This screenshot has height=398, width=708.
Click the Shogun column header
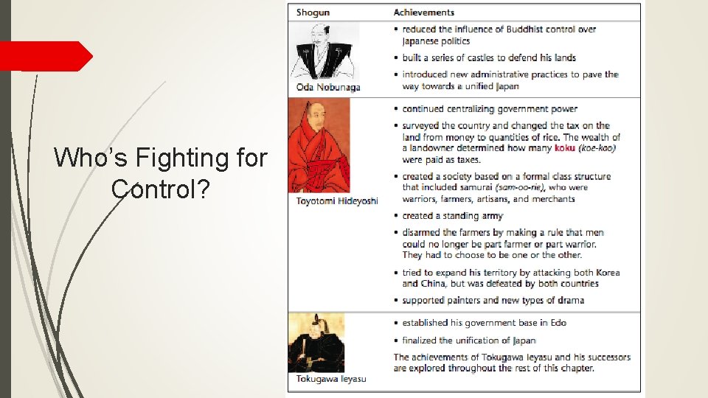pos(313,13)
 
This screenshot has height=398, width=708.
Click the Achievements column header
pos(423,13)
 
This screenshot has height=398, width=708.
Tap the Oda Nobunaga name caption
pos(328,88)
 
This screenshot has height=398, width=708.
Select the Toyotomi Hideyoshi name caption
pos(337,201)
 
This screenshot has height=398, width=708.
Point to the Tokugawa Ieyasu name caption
pos(331,379)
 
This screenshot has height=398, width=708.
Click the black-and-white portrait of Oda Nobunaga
pos(323,51)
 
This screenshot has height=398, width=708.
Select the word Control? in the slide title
pos(160,189)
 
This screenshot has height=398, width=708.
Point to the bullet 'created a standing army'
pos(452,216)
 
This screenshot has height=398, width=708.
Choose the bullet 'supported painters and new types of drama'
pos(493,300)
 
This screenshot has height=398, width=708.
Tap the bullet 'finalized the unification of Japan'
pos(468,341)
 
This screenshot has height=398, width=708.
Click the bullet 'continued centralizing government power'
pos(490,109)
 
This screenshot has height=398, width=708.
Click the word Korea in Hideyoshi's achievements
pos(605,273)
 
